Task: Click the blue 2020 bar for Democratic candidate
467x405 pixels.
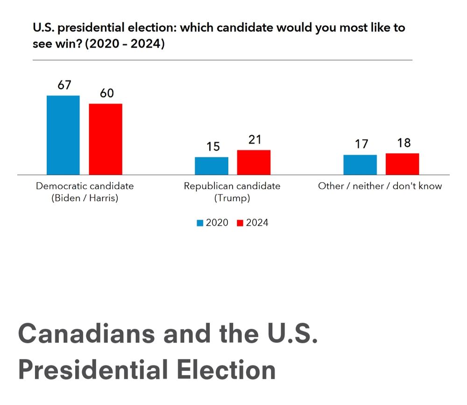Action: (x=63, y=135)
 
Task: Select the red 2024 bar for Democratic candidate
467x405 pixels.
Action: (x=106, y=139)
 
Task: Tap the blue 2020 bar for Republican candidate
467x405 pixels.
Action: (x=212, y=166)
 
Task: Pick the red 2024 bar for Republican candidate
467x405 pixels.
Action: (x=254, y=162)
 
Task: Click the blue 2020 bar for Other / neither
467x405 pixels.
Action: (x=360, y=164)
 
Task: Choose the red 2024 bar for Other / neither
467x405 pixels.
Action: (x=402, y=164)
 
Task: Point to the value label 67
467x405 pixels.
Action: (x=64, y=85)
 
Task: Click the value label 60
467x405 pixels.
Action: (x=106, y=93)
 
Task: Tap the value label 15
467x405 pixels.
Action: (x=212, y=147)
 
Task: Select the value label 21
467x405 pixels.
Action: (x=255, y=140)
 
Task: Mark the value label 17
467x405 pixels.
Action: (x=361, y=144)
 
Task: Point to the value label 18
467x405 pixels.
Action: (x=403, y=143)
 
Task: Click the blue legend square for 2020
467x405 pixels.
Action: (x=200, y=223)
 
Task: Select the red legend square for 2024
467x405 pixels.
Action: (x=241, y=223)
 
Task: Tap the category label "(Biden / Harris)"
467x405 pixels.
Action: (x=85, y=198)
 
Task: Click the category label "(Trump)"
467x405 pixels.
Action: (x=232, y=198)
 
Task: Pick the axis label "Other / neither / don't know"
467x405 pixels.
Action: (x=380, y=186)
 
